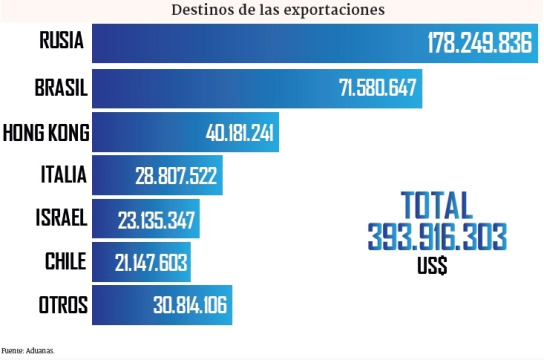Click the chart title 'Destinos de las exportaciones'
click(x=278, y=10)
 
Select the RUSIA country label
click(x=62, y=42)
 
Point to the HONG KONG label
click(x=46, y=132)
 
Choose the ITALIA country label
click(x=63, y=176)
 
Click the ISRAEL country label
click(x=59, y=218)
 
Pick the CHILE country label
click(x=66, y=261)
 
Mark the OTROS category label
click(x=62, y=305)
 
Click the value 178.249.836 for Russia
click(x=479, y=44)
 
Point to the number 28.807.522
click(x=176, y=176)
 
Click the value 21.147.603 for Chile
click(x=149, y=262)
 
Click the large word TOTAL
click(x=436, y=205)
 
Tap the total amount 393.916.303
click(x=436, y=236)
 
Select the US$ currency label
click(x=432, y=266)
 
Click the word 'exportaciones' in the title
click(x=337, y=10)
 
